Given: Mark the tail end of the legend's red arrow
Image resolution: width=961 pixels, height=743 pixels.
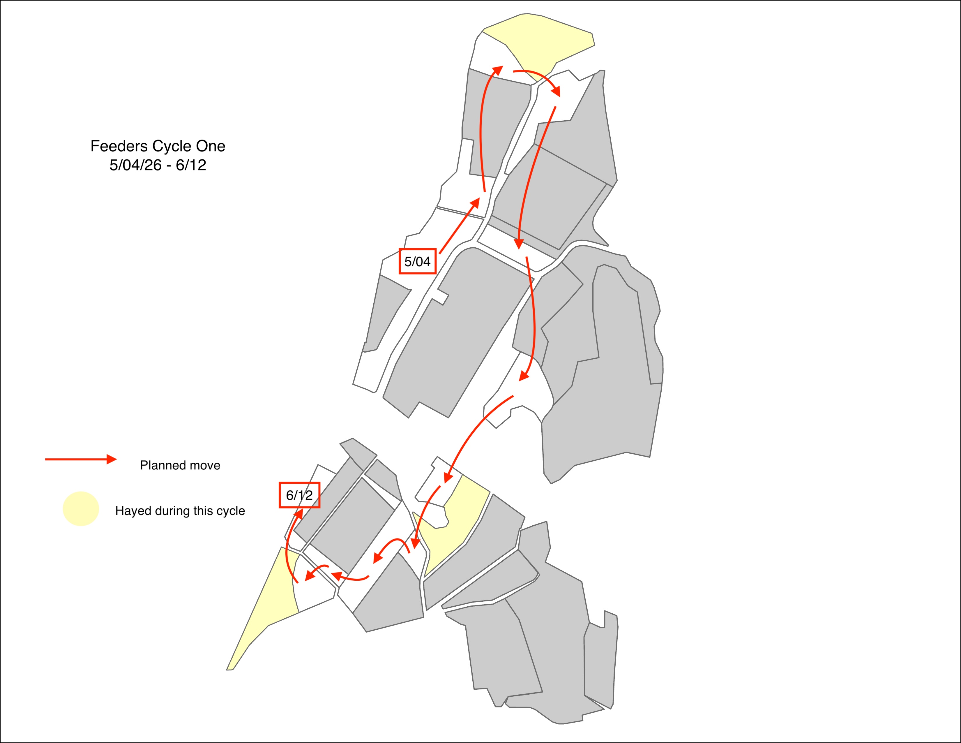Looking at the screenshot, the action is click(x=45, y=459).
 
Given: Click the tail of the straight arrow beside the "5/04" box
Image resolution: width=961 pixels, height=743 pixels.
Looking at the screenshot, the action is click(x=439, y=253).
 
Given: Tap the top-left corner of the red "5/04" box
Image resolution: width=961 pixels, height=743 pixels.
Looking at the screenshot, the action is click(x=400, y=249).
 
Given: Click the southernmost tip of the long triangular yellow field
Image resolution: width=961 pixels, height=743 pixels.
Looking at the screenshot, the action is click(x=227, y=670).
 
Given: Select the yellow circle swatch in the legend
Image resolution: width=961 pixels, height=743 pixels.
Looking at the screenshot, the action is click(x=81, y=509).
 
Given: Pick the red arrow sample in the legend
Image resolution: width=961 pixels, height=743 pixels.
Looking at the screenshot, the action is click(x=81, y=459).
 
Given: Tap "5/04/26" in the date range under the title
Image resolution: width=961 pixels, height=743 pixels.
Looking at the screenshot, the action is click(x=135, y=165).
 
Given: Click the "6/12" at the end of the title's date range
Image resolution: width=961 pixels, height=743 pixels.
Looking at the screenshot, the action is click(x=191, y=165).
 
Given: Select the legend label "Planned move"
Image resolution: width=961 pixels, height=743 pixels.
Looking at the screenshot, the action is click(x=180, y=465).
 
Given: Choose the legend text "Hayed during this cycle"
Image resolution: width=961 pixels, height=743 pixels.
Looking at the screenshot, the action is click(x=180, y=510).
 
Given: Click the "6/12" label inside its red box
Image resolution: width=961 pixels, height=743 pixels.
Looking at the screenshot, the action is click(x=299, y=495).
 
